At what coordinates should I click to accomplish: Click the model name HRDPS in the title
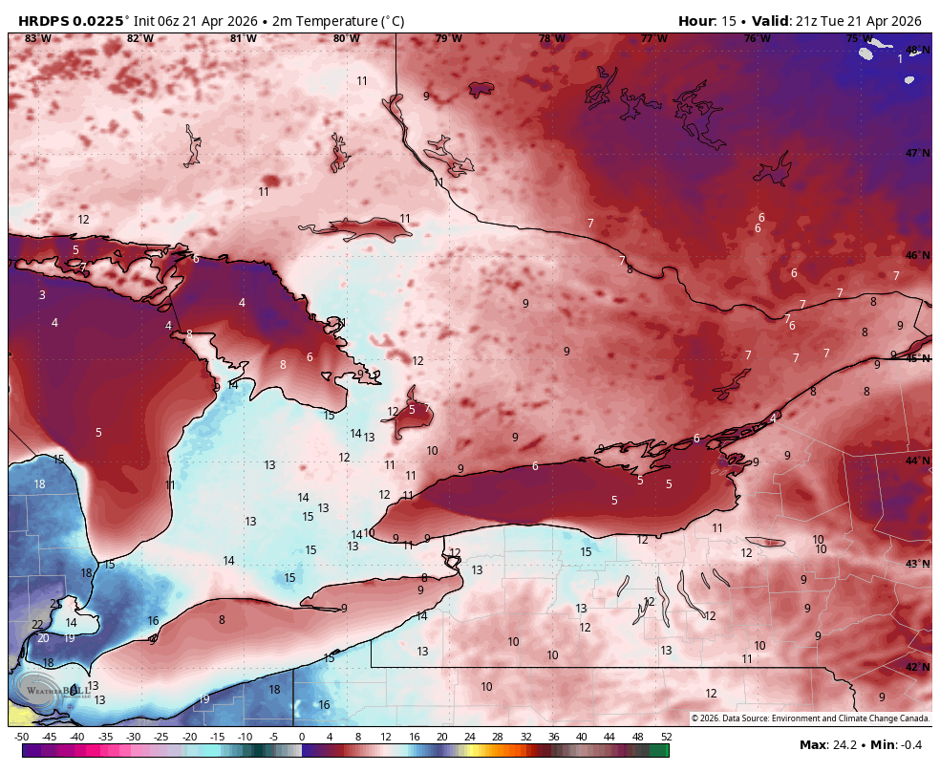[45, 21]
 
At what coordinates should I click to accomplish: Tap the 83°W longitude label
[37, 38]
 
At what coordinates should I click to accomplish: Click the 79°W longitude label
[448, 38]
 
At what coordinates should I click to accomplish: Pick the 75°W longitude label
[859, 38]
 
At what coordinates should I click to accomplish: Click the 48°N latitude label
[917, 50]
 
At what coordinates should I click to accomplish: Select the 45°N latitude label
[917, 358]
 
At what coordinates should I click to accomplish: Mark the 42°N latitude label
[917, 667]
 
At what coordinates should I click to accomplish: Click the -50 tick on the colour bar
[21, 737]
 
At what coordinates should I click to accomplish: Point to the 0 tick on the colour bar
[302, 737]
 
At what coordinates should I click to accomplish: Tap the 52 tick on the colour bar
[666, 737]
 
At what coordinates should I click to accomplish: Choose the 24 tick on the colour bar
[470, 737]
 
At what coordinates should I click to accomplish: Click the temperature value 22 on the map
[37, 625]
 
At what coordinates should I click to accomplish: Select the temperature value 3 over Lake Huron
[42, 295]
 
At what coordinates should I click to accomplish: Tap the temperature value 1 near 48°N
[900, 59]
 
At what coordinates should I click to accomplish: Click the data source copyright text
[809, 718]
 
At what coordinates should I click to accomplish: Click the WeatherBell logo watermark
[57, 691]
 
